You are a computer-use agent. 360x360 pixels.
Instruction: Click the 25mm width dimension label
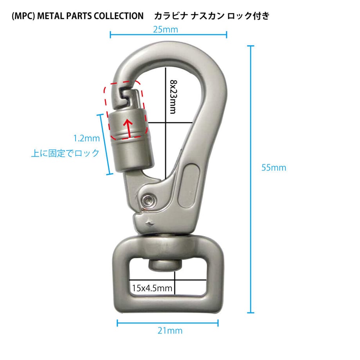tap(166, 30)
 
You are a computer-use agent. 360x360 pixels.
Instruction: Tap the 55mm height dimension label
tap(274, 167)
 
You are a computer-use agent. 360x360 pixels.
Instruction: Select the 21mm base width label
tap(170, 331)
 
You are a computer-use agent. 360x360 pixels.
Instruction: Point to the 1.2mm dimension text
tap(86, 138)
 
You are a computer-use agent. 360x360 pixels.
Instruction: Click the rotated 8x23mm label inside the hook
tap(173, 97)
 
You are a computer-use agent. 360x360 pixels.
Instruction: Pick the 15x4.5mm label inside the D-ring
tap(152, 288)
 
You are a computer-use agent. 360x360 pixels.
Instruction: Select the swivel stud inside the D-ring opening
tap(165, 265)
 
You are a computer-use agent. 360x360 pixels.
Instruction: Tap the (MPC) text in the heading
tap(23, 16)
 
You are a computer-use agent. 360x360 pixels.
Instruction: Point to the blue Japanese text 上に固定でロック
tap(65, 153)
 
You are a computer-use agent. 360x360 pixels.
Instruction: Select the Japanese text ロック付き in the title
tap(248, 16)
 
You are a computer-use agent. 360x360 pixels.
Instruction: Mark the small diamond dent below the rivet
tap(150, 222)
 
